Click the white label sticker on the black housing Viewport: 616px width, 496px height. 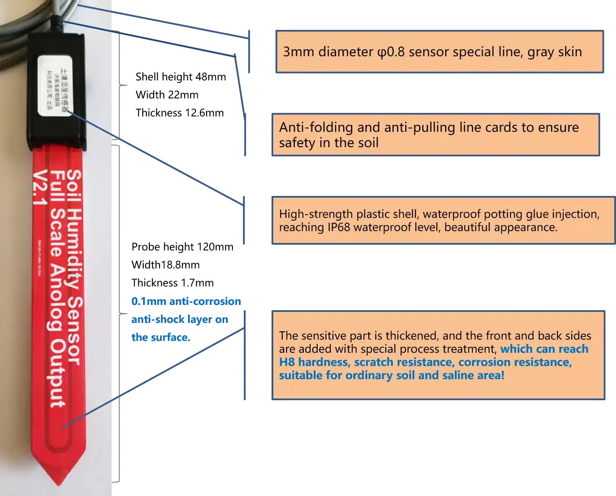54,86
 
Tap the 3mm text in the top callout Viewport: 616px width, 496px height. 299,52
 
